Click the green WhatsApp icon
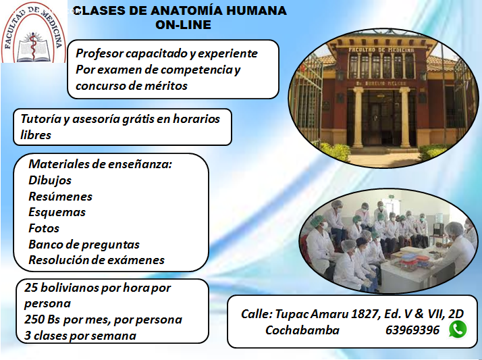point(458,329)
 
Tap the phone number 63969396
point(412,330)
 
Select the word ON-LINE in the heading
point(183,24)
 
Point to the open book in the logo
point(32,49)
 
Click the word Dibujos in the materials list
point(50,180)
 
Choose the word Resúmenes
point(60,197)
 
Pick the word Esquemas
point(57,212)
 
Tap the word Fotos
point(44,228)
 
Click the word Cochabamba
point(302,330)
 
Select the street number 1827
point(363,314)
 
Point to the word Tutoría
point(41,119)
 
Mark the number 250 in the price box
point(34,319)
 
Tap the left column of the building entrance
point(358,117)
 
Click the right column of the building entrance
point(405,117)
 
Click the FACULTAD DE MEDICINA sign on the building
point(381,50)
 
